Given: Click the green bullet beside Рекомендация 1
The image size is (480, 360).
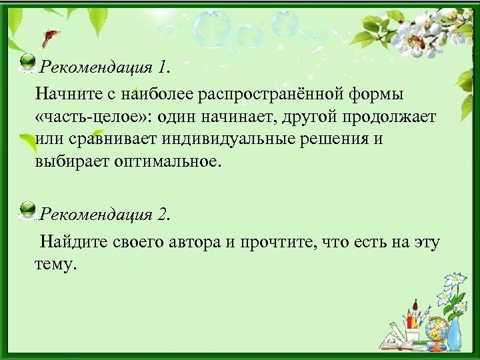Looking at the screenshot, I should point(27,63).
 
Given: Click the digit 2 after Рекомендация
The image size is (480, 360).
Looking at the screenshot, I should point(163,215).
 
